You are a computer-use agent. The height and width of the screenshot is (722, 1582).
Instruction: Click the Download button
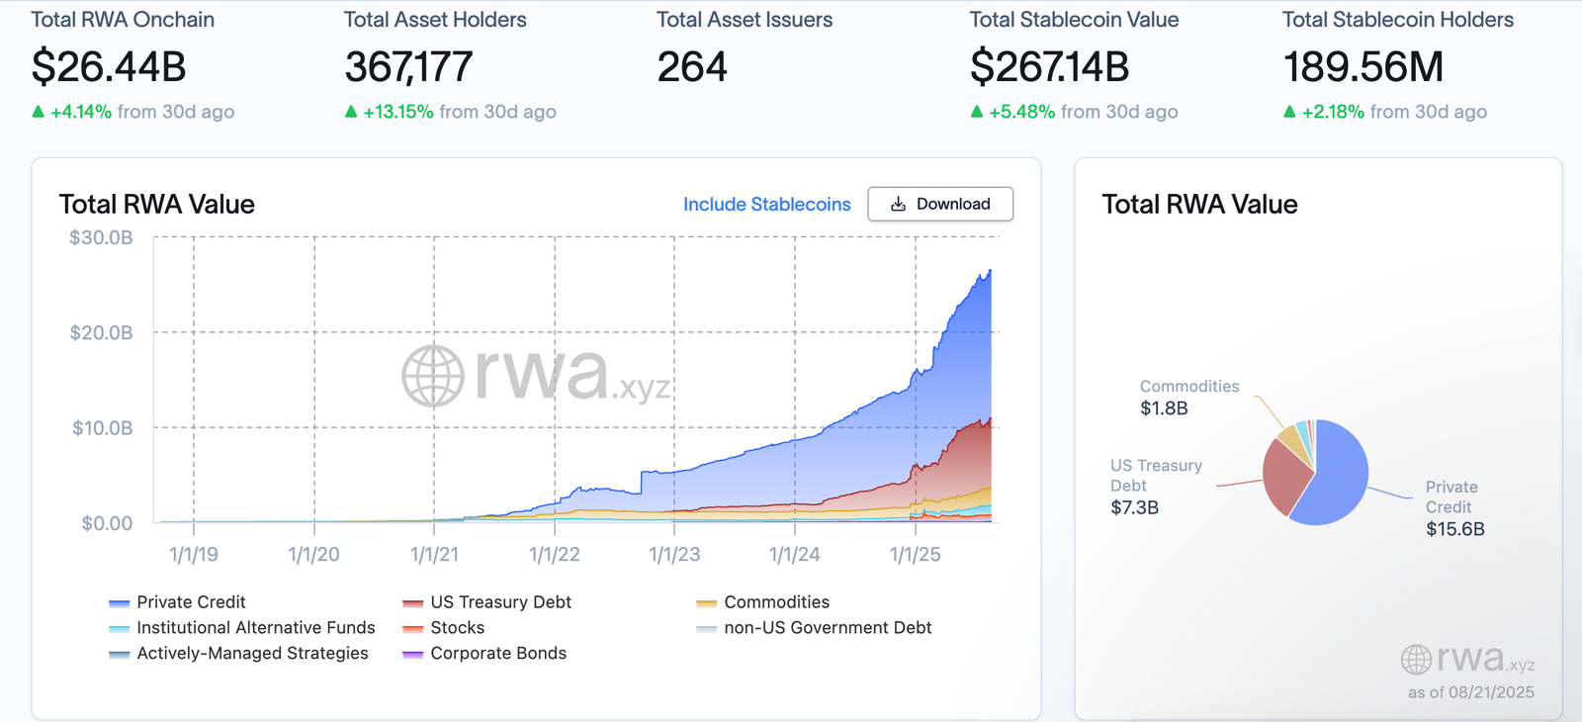(940, 204)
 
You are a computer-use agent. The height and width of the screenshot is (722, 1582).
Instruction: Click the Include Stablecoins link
(766, 205)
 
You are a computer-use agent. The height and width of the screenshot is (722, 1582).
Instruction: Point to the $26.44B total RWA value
(109, 67)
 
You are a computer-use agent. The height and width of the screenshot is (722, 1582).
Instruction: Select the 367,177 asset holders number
(408, 67)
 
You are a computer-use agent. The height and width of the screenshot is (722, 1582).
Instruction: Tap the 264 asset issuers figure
(692, 67)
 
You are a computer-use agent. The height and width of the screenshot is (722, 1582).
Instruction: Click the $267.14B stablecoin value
(1049, 67)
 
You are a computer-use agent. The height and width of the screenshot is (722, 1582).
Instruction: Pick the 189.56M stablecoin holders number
(1362, 67)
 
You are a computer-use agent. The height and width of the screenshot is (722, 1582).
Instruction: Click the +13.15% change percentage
(397, 112)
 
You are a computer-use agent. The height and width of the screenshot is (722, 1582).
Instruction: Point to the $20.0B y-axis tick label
(101, 333)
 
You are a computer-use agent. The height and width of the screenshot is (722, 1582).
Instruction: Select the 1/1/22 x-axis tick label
(555, 555)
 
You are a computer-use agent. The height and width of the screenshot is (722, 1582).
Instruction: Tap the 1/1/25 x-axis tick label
(915, 555)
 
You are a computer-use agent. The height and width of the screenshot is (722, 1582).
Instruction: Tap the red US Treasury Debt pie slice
(1282, 475)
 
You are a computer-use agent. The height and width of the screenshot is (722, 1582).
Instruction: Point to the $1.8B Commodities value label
(1164, 408)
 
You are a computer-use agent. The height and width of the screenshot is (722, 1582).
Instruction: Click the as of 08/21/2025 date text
(1470, 692)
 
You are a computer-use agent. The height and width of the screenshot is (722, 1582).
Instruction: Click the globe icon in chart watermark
(433, 376)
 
